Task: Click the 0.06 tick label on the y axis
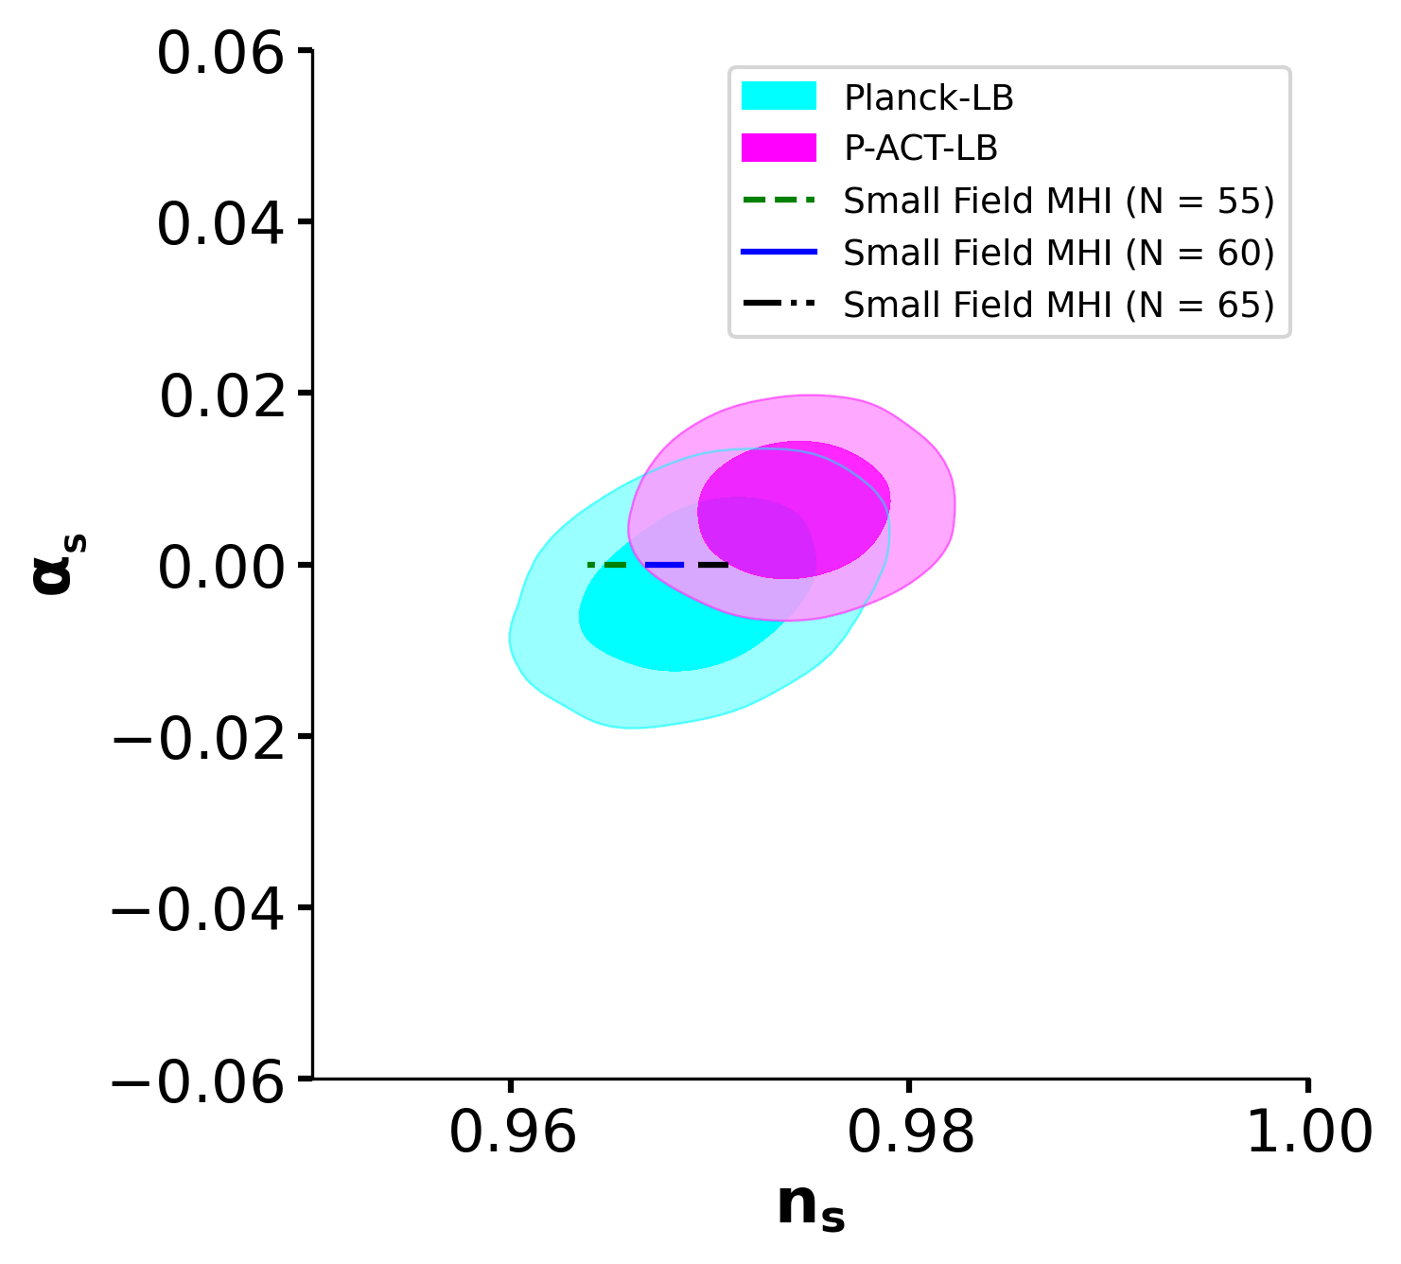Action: [220, 54]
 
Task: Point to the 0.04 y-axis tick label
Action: [220, 225]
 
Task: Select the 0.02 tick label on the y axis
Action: [222, 396]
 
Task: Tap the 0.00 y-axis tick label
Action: [220, 569]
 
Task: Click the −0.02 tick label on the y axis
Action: [199, 740]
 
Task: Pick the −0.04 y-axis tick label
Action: [199, 911]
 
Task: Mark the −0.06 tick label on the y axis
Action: [199, 1082]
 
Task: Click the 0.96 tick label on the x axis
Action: [512, 1132]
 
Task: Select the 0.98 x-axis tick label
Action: [910, 1132]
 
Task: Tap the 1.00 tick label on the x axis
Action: [1309, 1132]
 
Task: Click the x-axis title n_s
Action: [811, 1207]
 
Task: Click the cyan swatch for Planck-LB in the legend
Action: [779, 97]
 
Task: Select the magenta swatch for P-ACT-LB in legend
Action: [779, 149]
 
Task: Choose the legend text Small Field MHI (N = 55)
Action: [1059, 201]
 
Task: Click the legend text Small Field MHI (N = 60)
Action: [1059, 253]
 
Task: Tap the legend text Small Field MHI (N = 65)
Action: [1059, 305]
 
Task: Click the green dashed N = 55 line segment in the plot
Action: [607, 565]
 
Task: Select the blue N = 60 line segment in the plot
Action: [664, 565]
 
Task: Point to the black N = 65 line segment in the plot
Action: [713, 565]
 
